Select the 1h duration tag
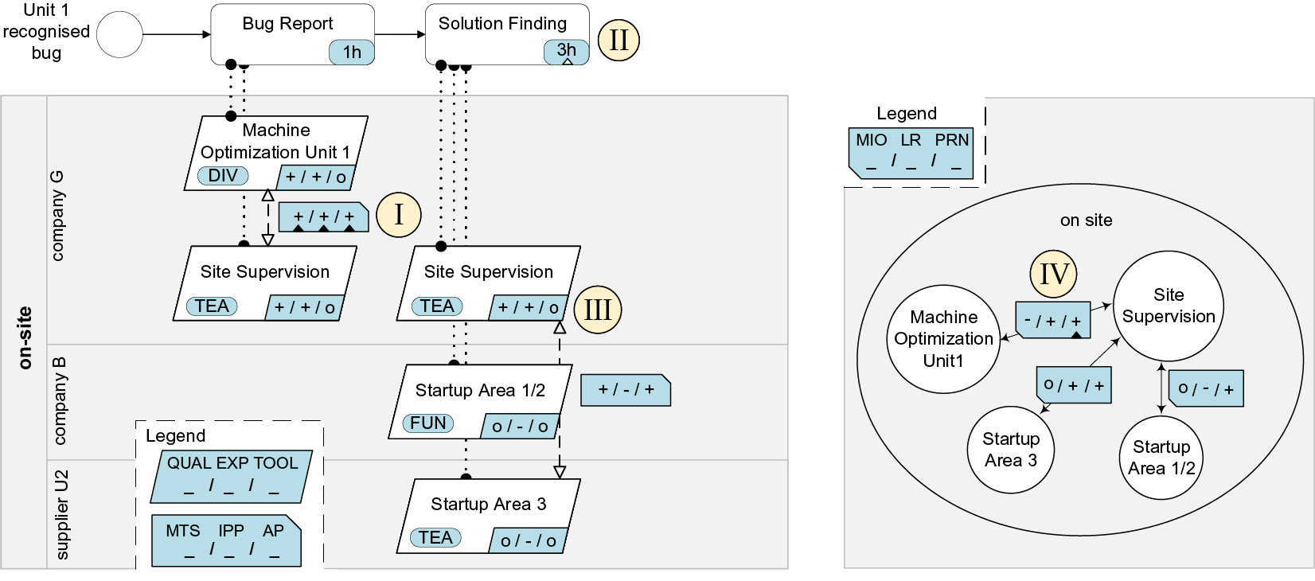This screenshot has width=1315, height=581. [352, 53]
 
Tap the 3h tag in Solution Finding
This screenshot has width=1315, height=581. [566, 51]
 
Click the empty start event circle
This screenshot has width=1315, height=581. [119, 35]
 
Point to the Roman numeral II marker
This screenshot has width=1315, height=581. [618, 40]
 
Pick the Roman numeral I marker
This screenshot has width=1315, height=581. [398, 214]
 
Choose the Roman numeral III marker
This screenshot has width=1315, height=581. [597, 309]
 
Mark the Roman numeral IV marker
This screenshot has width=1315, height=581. [1054, 274]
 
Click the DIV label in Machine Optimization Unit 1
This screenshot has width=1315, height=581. [223, 176]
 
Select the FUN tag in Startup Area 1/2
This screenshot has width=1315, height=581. [427, 423]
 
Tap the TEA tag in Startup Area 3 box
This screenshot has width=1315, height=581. [435, 538]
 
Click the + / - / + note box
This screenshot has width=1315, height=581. [626, 390]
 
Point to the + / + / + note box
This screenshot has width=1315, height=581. [323, 216]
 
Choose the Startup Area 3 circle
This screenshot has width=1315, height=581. [1011, 450]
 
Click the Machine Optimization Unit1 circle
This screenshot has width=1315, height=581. [943, 339]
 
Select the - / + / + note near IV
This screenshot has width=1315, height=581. [1052, 320]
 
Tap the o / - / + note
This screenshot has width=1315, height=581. [1205, 388]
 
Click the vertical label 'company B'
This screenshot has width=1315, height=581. [60, 401]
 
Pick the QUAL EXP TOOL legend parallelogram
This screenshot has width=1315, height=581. [232, 476]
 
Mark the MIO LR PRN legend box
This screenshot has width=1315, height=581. [911, 151]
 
